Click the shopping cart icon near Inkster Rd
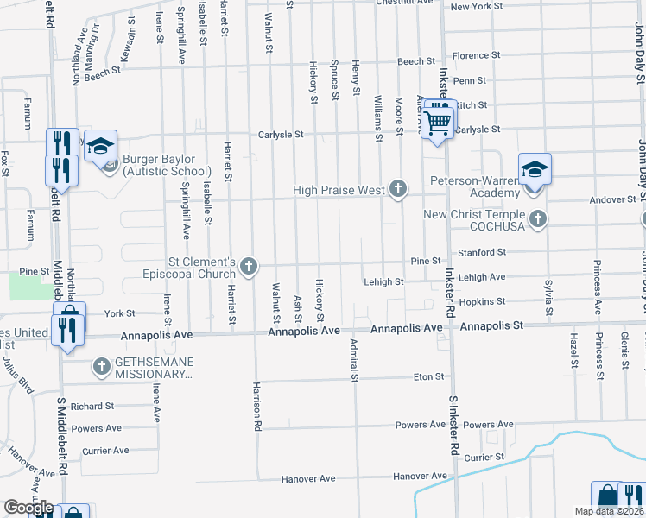click(x=439, y=123)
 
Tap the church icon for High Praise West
click(x=397, y=188)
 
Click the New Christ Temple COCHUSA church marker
click(x=538, y=218)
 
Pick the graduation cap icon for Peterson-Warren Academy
click(x=535, y=170)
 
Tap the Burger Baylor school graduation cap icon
click(x=101, y=145)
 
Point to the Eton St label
click(x=428, y=376)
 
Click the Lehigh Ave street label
click(x=483, y=277)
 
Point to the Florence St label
click(x=471, y=56)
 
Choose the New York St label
click(x=477, y=7)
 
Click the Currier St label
click(x=484, y=457)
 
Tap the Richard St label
click(x=92, y=406)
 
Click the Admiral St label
click(x=354, y=360)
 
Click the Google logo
click(x=28, y=508)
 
